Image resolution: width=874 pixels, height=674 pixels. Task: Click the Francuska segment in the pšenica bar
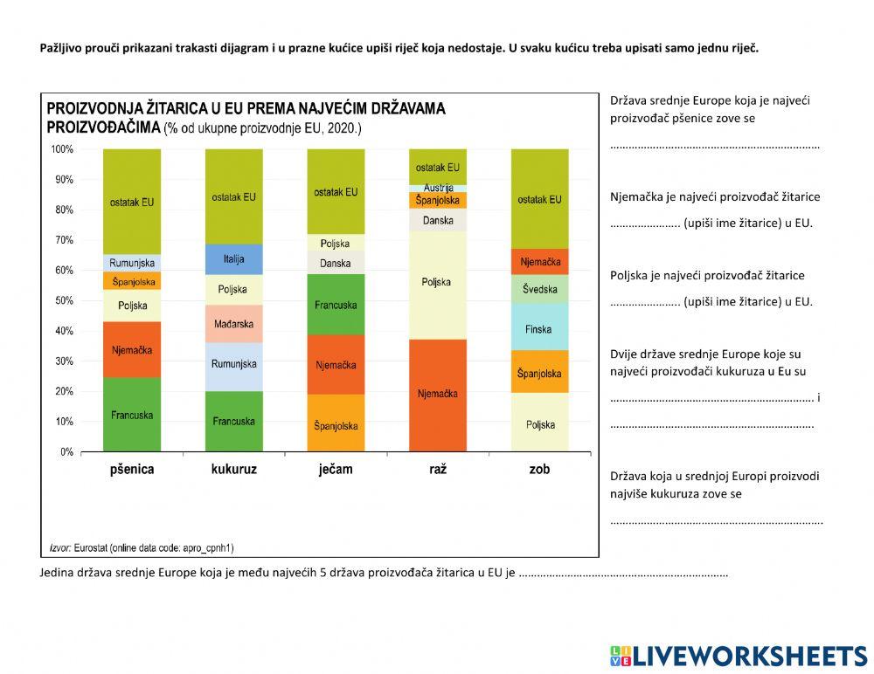132,415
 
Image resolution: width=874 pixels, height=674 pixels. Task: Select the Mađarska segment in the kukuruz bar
233,324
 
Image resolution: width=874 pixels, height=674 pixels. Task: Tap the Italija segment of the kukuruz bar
233,259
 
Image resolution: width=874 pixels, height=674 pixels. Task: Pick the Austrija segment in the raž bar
438,188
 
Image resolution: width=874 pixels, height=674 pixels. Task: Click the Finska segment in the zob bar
539,329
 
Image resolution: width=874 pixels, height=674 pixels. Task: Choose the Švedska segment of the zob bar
539,289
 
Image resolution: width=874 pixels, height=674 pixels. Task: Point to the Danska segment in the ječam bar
336,263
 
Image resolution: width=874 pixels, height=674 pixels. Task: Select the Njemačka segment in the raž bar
438,395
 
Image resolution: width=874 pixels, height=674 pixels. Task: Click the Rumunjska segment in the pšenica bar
132,263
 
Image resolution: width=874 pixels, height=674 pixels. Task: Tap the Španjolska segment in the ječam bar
336,424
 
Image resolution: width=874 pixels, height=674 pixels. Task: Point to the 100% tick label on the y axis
62,149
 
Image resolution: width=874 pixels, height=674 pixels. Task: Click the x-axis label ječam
336,470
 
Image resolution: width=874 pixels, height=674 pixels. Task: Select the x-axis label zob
539,470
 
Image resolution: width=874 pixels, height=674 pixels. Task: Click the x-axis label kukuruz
233,470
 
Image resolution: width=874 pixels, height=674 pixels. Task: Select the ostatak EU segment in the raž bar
438,167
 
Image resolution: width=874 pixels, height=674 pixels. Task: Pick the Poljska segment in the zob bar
539,424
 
